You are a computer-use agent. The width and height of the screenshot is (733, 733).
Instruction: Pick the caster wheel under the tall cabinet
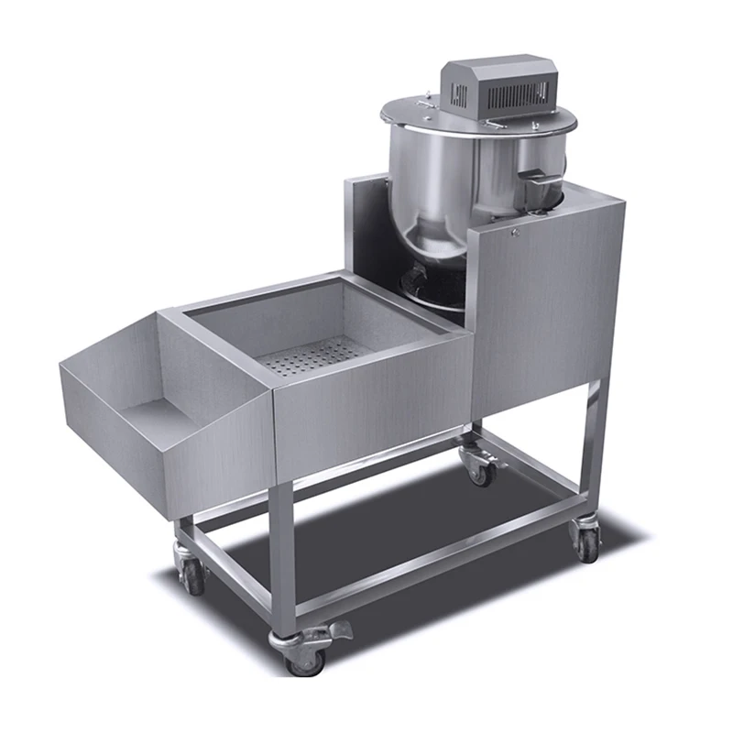(x=585, y=541)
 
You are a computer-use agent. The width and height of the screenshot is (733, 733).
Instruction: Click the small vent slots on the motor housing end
(x=459, y=93)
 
